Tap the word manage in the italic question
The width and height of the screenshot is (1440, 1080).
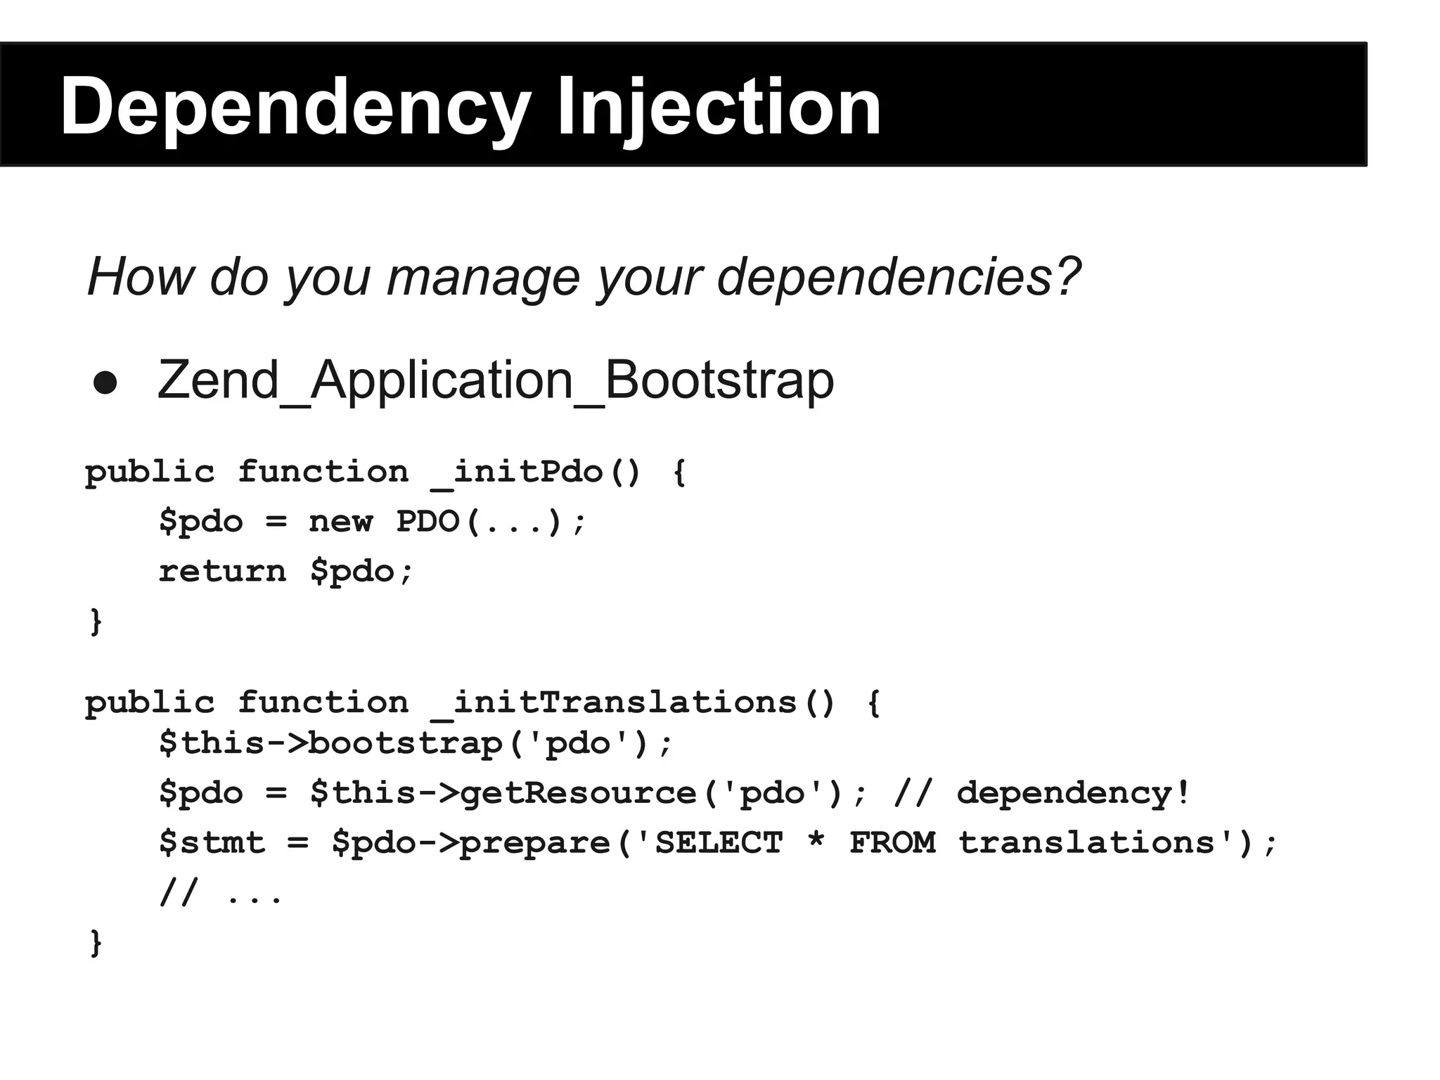[x=482, y=276]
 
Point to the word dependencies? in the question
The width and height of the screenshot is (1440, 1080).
[x=899, y=276]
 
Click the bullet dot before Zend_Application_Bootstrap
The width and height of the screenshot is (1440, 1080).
[x=105, y=382]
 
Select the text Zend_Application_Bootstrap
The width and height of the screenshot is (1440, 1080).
[x=495, y=380]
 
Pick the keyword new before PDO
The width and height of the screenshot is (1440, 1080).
[x=340, y=522]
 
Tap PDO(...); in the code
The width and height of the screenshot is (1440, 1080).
[x=490, y=522]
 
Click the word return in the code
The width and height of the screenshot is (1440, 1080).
[x=222, y=571]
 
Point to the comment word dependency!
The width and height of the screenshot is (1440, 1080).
[x=1073, y=793]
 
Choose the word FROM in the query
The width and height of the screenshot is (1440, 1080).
[x=892, y=842]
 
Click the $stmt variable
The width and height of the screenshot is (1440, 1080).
[x=212, y=842]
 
